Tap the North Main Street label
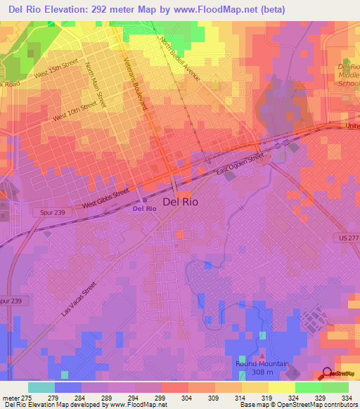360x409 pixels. [95, 85]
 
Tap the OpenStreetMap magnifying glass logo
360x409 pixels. [328, 373]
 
